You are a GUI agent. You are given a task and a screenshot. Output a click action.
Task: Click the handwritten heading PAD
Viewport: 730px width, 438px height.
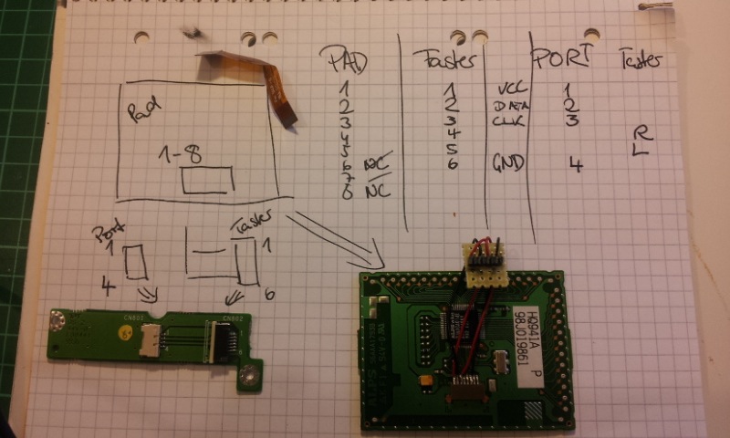[348, 62]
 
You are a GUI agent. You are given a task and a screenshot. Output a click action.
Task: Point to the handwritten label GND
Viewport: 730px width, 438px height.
[508, 162]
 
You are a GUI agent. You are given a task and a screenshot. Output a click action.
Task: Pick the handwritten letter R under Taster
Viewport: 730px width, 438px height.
[640, 132]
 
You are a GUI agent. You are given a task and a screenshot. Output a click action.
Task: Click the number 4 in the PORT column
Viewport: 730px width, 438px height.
[574, 164]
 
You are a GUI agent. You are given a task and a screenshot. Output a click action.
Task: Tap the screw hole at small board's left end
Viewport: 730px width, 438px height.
[58, 320]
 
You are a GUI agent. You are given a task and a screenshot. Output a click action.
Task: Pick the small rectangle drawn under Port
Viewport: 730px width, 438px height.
[136, 262]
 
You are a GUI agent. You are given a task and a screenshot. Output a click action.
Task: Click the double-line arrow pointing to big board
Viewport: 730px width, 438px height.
[333, 236]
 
